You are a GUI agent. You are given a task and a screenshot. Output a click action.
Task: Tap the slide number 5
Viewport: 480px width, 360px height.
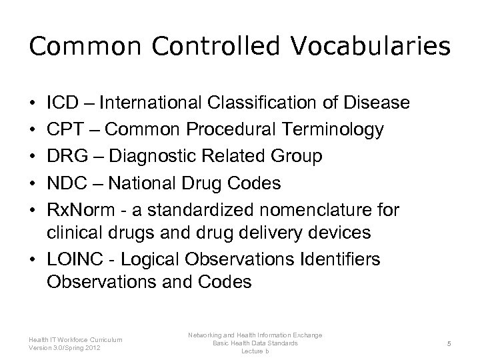[x=450, y=344]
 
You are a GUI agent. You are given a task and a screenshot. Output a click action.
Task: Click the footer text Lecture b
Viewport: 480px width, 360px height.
[x=255, y=351]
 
